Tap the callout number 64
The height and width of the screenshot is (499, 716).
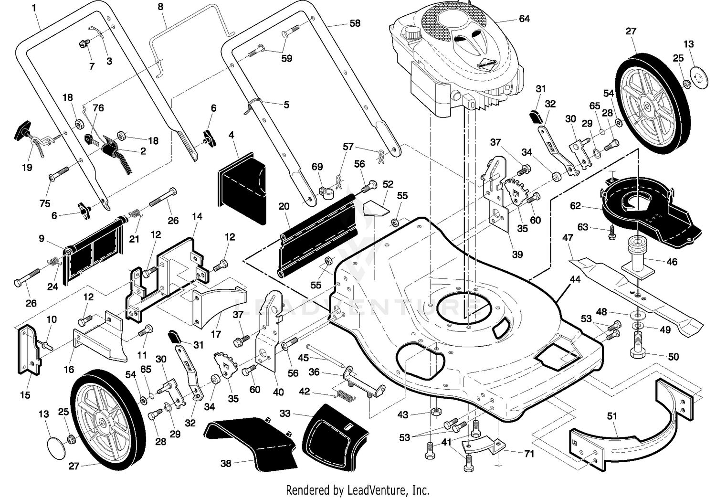pyautogui.click(x=524, y=19)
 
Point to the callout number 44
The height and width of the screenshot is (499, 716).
pyautogui.click(x=575, y=279)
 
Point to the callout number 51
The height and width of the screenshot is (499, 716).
pyautogui.click(x=612, y=416)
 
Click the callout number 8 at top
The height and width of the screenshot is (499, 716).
pyautogui.click(x=160, y=6)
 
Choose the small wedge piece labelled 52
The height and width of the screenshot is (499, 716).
pyautogui.click(x=376, y=208)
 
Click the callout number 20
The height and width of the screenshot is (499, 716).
pyautogui.click(x=284, y=206)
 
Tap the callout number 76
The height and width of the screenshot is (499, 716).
pyautogui.click(x=98, y=108)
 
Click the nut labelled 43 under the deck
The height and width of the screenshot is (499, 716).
pyautogui.click(x=435, y=412)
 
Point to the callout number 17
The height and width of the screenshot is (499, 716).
pyautogui.click(x=216, y=334)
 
